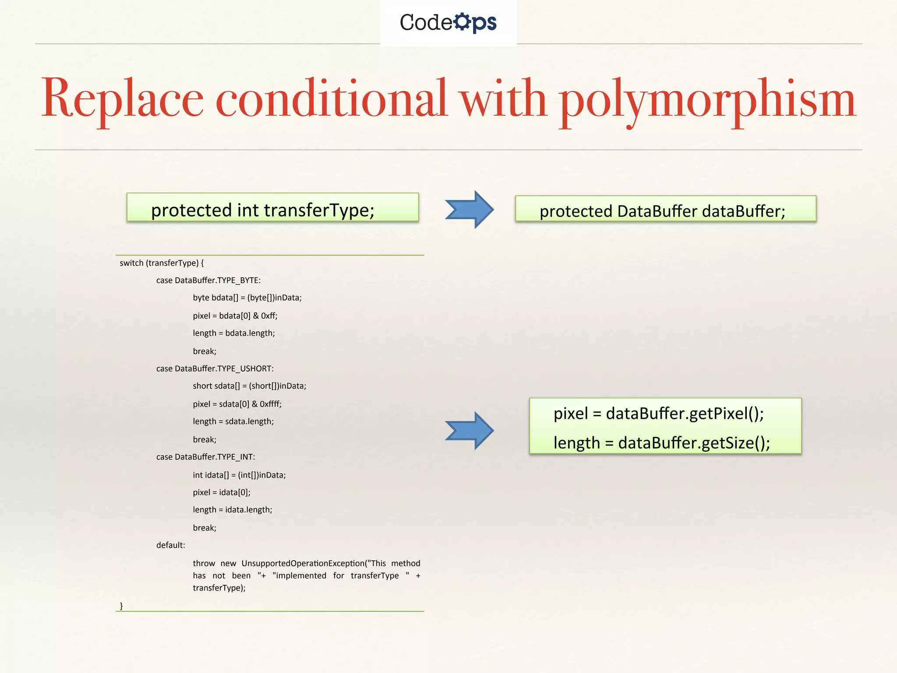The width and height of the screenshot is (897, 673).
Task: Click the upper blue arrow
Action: tap(470, 209)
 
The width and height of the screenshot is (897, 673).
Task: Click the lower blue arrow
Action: tap(470, 431)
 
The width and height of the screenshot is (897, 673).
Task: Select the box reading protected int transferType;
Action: tap(272, 208)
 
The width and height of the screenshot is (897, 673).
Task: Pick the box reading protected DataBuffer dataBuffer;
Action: tap(665, 209)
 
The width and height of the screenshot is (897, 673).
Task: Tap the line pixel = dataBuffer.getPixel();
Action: tap(658, 413)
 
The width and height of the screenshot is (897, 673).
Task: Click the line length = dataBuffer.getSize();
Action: tap(661, 443)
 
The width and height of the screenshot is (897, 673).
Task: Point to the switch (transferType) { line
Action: tap(162, 263)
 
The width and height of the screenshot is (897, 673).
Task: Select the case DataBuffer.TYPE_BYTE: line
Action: tap(208, 280)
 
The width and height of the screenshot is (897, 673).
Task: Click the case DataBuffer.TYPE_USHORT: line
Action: tap(215, 368)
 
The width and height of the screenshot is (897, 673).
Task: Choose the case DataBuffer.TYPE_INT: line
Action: tap(205, 457)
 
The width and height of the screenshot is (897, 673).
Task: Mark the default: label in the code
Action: tap(171, 545)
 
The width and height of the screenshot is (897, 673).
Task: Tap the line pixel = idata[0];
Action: tap(222, 492)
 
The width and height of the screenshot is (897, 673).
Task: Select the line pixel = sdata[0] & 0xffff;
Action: tap(237, 404)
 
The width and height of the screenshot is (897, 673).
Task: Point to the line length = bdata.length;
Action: tap(234, 333)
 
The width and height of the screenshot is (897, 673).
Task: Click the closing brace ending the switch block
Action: tap(121, 606)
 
